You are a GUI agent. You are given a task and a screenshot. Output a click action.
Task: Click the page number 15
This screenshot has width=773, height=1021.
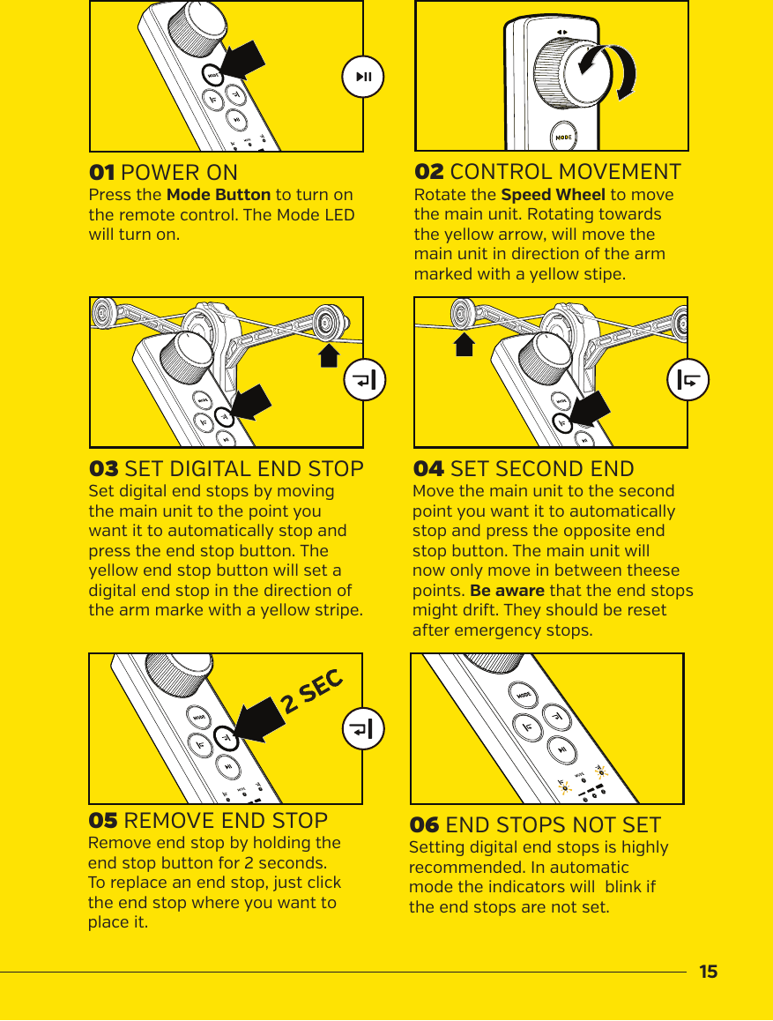pyautogui.click(x=708, y=973)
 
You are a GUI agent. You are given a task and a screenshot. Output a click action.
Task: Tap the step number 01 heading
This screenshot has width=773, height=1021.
pyautogui.click(x=102, y=171)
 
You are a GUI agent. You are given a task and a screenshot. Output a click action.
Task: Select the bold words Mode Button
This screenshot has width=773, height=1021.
pyautogui.click(x=218, y=195)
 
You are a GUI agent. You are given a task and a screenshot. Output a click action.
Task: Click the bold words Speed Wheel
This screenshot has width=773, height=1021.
pyautogui.click(x=553, y=195)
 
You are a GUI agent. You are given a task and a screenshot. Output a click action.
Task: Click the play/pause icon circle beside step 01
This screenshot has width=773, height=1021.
pyautogui.click(x=363, y=77)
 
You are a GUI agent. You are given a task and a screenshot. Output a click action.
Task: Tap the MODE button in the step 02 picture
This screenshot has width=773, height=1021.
pyautogui.click(x=564, y=137)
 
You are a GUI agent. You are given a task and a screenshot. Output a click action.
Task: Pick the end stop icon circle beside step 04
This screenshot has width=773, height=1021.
pyautogui.click(x=688, y=380)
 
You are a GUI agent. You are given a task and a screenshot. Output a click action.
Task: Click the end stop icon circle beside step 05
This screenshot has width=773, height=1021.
pyautogui.click(x=363, y=730)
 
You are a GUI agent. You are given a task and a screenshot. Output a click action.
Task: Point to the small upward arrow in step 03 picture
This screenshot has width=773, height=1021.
pyautogui.click(x=329, y=354)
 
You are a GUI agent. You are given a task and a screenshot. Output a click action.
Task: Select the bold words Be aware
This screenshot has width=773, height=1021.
pyautogui.click(x=507, y=590)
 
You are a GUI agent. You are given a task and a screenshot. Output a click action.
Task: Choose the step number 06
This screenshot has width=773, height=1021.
pyautogui.click(x=424, y=825)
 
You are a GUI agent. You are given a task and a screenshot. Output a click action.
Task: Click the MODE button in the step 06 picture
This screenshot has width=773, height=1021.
pyautogui.click(x=524, y=697)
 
